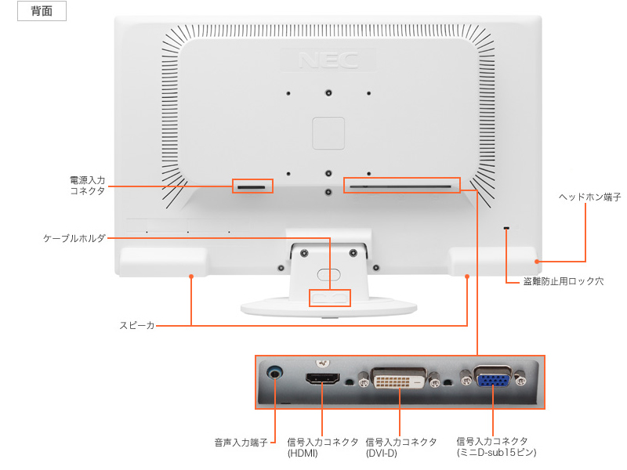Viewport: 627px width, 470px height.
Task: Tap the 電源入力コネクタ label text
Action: point(87,185)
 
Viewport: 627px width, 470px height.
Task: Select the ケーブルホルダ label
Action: point(74,237)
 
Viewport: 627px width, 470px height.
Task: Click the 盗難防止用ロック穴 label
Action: point(563,280)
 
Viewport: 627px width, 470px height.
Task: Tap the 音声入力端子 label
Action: point(241,443)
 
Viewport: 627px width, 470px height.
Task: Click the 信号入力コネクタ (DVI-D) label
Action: point(401,447)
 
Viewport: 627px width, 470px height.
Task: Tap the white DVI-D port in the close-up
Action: point(399,379)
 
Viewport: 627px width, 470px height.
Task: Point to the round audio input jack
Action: point(276,373)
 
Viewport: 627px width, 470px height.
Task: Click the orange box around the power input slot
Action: point(252,186)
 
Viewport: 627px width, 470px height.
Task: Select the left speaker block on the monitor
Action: point(163,261)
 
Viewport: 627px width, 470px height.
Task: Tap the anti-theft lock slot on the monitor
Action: point(506,229)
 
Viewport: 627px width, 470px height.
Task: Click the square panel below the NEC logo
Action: point(328,133)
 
